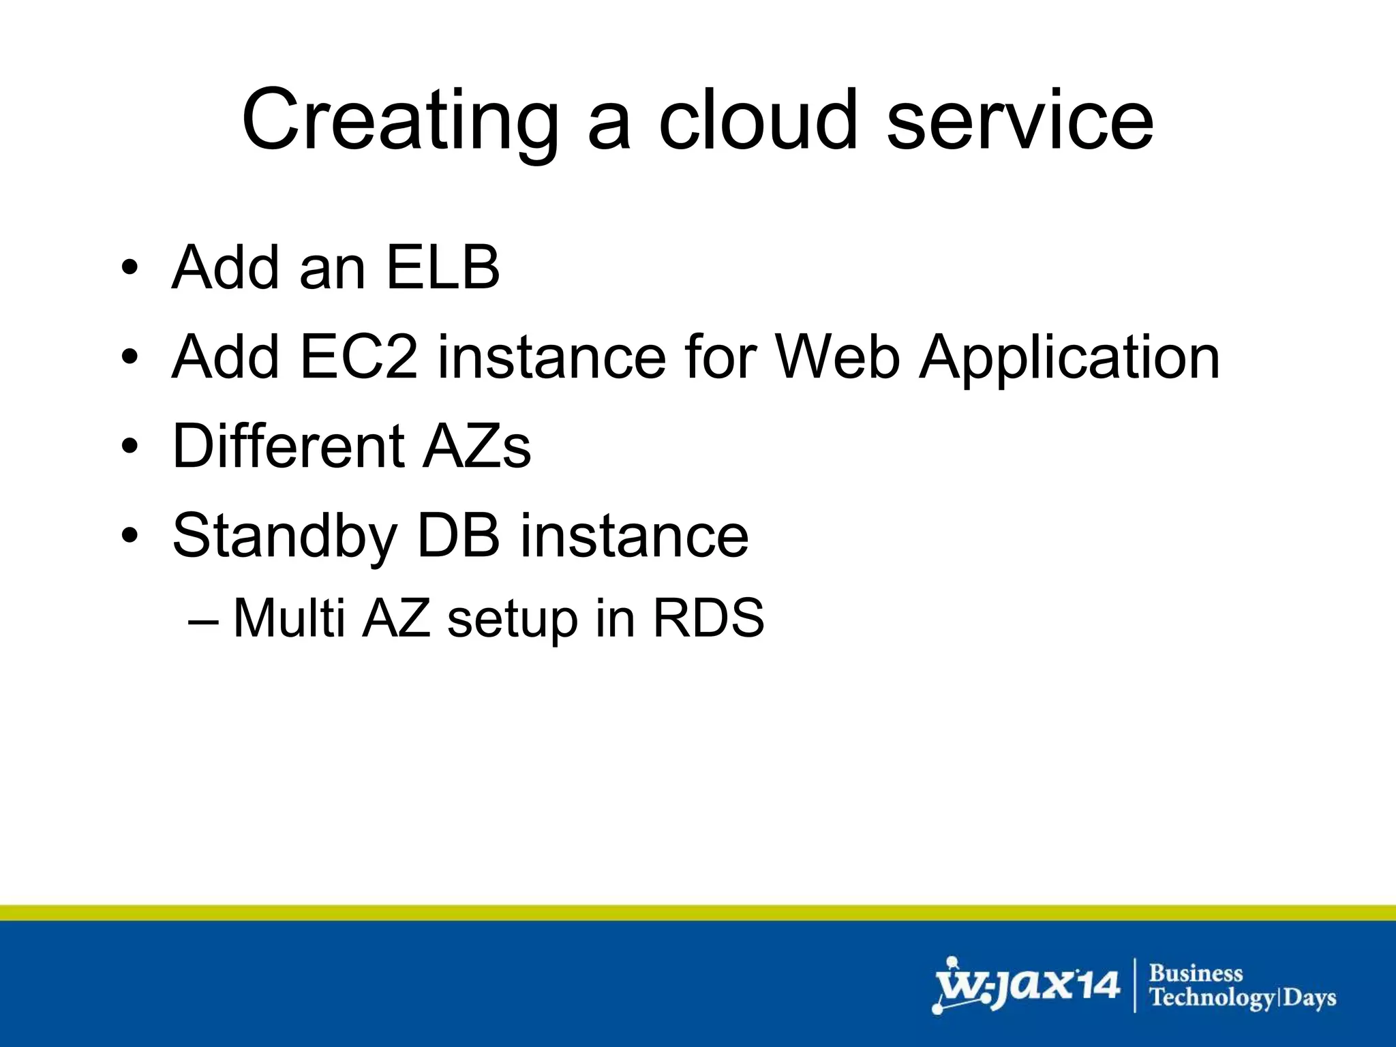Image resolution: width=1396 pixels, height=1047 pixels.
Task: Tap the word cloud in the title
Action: (757, 121)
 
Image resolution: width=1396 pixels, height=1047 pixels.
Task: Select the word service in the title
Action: (1020, 121)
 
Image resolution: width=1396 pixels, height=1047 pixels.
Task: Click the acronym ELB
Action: (443, 267)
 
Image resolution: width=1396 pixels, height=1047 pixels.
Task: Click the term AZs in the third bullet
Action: (476, 446)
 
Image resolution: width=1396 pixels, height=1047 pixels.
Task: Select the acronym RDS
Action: (708, 618)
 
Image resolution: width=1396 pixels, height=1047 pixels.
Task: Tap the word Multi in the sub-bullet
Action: (289, 618)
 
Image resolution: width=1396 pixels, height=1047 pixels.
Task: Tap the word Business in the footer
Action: (1196, 973)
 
